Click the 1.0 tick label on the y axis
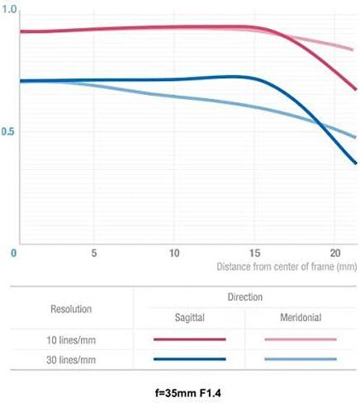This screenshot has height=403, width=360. click(9, 9)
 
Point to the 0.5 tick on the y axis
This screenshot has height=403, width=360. click(7, 131)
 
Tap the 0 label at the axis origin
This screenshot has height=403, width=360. click(13, 254)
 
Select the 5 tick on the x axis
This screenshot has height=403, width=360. click(94, 253)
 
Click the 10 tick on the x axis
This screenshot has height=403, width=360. click(174, 253)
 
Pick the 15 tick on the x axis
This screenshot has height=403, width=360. click(254, 253)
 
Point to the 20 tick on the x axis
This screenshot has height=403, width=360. click(335, 253)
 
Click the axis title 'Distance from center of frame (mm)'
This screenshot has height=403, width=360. click(287, 267)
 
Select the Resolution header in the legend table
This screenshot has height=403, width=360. click(71, 309)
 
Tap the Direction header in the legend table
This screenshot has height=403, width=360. click(245, 297)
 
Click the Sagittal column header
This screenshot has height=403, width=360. click(190, 318)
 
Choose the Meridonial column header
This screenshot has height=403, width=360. click(301, 317)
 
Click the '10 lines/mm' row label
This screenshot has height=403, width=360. click(71, 340)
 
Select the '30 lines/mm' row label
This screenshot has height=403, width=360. click(71, 360)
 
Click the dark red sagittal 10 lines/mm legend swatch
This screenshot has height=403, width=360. click(190, 339)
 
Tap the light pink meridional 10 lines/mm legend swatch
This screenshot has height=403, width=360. click(301, 339)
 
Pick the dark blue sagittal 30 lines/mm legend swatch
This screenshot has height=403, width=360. click(190, 359)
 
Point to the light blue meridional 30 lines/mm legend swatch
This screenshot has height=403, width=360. click(301, 359)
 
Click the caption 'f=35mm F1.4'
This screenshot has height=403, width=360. click(188, 393)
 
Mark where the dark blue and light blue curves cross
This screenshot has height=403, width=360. click(320, 125)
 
